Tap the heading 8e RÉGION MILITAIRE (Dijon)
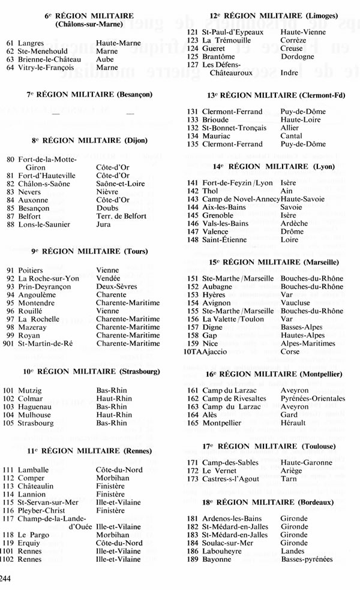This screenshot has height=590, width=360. coord(90,141)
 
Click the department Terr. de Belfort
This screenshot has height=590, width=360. coord(123,216)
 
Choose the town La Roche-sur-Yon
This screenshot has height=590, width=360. coord(48,279)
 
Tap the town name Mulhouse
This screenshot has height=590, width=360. coord(35,414)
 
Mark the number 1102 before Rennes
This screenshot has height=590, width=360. coord(8,559)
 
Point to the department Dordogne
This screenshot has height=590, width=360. coord(297,57)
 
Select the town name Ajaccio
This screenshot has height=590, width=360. coord(210,353)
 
